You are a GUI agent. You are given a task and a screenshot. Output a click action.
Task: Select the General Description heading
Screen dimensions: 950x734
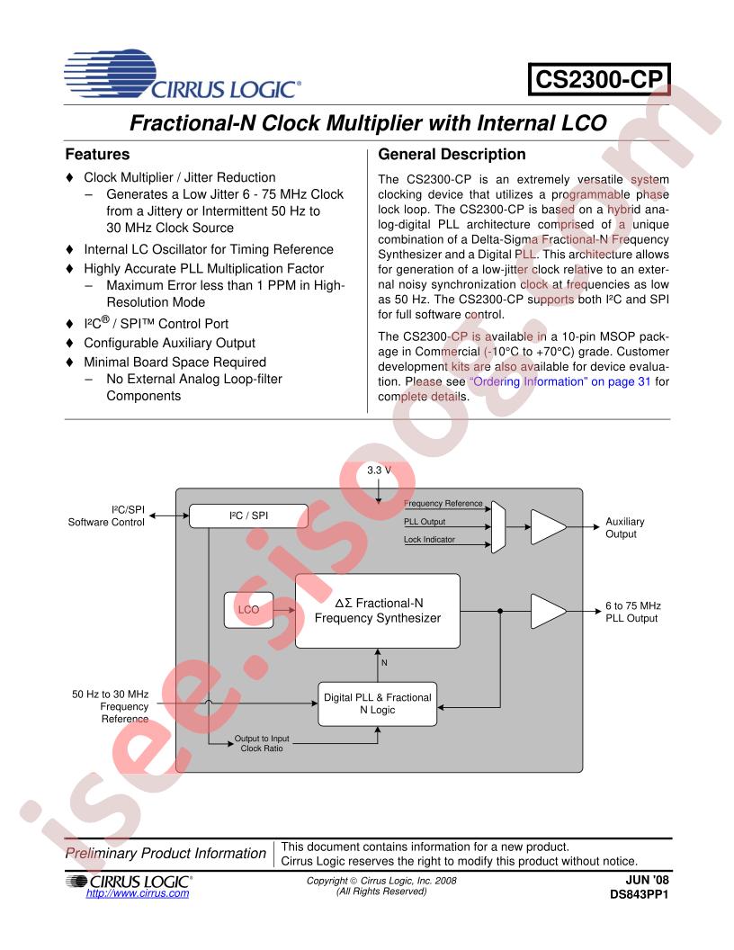tap(452, 155)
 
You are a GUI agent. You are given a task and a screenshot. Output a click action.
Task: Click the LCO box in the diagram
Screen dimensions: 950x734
tap(248, 609)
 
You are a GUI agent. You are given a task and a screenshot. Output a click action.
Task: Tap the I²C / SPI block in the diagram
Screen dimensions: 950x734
tap(248, 515)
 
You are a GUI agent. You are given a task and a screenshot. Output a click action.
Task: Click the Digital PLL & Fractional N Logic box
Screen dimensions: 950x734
tap(377, 704)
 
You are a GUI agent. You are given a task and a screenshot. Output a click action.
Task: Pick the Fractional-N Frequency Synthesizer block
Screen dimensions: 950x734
tap(377, 610)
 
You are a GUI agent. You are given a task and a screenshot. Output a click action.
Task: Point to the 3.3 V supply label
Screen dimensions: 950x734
tap(380, 471)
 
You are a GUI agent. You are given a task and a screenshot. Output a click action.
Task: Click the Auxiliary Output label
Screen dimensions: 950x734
tap(626, 528)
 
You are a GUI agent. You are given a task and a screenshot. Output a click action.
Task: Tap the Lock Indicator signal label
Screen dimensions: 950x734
tap(431, 540)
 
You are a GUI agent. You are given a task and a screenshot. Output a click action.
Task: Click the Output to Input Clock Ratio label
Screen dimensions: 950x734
tap(262, 743)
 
